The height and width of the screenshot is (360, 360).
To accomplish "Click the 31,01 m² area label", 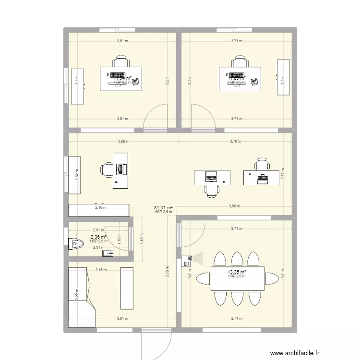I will tap(163, 207).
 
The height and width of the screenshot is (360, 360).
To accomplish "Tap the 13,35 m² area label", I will tap(237, 272).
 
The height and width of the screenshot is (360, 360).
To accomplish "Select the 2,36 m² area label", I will tap(99, 237).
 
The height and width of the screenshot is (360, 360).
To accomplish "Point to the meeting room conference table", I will tap(237, 278).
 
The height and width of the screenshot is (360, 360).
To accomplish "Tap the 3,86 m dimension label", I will tap(235, 206).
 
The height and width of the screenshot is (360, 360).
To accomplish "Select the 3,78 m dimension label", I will tap(235, 141).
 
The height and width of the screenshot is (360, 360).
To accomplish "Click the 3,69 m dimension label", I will tap(124, 141).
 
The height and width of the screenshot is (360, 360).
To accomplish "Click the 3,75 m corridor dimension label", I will tap(168, 272).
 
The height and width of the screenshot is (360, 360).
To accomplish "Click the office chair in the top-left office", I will tap(121, 62).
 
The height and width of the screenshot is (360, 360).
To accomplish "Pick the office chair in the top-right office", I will tap(240, 62).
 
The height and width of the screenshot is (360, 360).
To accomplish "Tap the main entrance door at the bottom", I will tap(156, 343).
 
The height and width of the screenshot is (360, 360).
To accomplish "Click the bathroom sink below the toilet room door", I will tap(110, 252).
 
